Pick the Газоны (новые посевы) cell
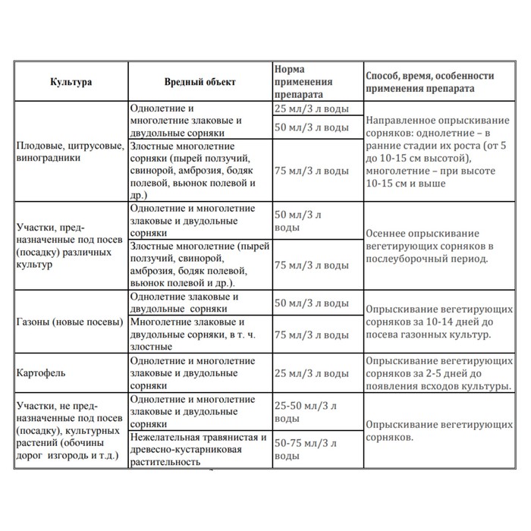[x=68, y=322]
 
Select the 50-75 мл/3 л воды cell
[x=311, y=449]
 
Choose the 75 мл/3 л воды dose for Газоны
[x=311, y=335]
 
